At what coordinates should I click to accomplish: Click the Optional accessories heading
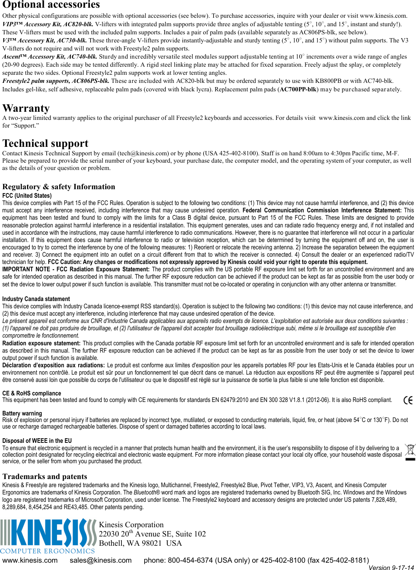pos(51,5)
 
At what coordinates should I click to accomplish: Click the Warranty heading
pos(26,108)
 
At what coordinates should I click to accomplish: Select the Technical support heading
pos(45,143)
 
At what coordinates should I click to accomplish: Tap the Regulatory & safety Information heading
pos(59,187)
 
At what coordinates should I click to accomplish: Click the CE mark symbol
pos(408,400)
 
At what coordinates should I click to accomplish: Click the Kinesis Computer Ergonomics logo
pos(48,536)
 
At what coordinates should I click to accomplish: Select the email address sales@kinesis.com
pos(101,560)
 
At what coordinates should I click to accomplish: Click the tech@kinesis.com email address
pos(143,153)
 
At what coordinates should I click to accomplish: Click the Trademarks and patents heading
pos(45,477)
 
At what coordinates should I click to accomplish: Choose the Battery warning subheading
pos(22,414)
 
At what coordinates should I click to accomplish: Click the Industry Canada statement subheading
pos(36,299)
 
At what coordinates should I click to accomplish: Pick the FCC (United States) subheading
pos(27,196)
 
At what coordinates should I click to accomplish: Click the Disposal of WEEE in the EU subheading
pos(37,441)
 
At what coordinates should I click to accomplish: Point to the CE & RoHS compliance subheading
pos(32,393)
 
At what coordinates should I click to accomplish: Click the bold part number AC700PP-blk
pos(298,89)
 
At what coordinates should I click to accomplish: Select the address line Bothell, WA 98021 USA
pos(140,543)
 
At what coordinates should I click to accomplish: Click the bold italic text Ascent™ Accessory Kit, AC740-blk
pos(49,57)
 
